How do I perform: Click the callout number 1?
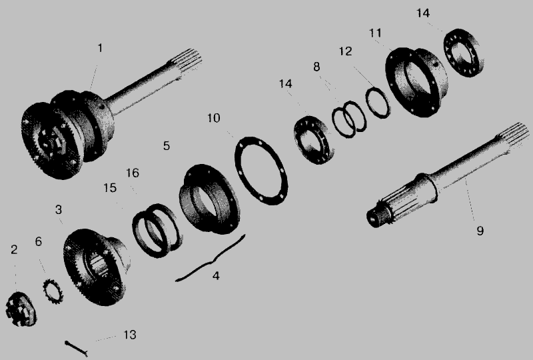100,48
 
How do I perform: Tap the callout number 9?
480,231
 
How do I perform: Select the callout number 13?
129,335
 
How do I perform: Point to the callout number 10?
214,118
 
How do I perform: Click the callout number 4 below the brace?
216,275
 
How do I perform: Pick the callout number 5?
166,145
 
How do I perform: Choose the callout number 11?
375,33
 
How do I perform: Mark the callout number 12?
345,51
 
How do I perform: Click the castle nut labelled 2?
21,309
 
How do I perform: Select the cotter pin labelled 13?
77,349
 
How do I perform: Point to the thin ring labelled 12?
368,96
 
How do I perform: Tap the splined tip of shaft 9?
513,135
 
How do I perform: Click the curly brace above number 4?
211,259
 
